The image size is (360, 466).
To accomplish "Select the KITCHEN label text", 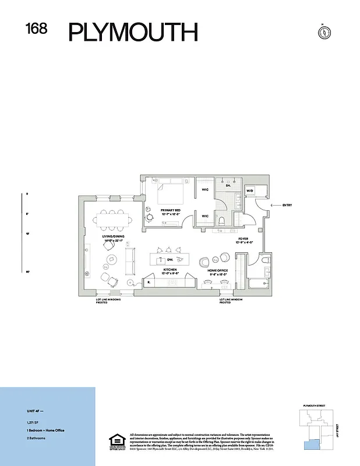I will (170, 270).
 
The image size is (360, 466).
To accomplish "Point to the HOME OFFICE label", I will (218, 270).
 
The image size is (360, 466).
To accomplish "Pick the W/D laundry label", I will (250, 190).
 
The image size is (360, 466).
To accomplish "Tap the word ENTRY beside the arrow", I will (287, 205).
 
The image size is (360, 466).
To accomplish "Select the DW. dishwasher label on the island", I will (170, 259).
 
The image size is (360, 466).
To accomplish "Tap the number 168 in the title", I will (36, 29).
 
